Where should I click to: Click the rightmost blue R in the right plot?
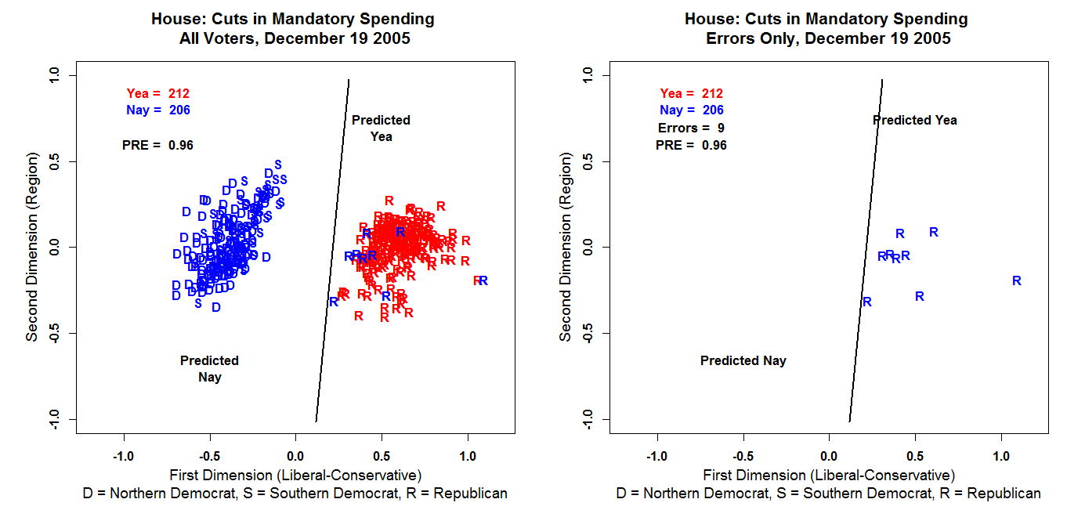(1016, 280)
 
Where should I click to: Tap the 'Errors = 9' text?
(691, 128)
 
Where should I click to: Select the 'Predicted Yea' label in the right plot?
(914, 120)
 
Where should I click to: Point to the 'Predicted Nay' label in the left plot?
(209, 368)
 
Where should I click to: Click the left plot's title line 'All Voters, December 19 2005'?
(294, 38)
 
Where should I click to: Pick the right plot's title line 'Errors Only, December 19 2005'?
(827, 38)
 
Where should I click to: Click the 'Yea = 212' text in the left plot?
(157, 93)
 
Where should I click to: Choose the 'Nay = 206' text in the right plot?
(691, 110)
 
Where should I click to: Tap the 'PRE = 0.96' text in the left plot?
(157, 145)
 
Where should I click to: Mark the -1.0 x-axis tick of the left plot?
(123, 456)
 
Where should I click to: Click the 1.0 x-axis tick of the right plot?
(1001, 456)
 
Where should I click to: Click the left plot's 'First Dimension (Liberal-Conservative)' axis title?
(295, 475)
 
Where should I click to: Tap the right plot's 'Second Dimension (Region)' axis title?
(566, 248)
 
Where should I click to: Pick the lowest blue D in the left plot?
(216, 307)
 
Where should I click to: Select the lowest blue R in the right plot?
(867, 302)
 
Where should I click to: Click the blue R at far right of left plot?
(483, 280)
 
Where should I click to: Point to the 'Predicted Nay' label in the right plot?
(743, 360)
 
